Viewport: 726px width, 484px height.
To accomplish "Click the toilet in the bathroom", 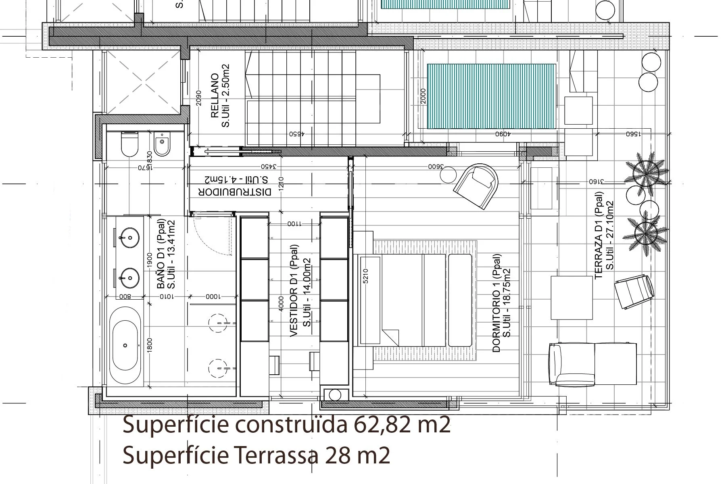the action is (x=130, y=144).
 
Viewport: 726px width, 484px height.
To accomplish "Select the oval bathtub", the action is (x=126, y=345).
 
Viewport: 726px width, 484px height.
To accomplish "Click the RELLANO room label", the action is (x=215, y=96).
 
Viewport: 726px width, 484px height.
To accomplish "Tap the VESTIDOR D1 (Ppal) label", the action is (x=294, y=290).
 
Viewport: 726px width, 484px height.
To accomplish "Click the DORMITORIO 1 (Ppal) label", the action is (x=497, y=303).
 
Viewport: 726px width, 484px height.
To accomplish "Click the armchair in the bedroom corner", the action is (x=476, y=186).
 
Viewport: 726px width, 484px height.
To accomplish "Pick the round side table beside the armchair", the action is (x=448, y=175).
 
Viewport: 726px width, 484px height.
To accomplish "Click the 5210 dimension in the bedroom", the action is (x=365, y=276).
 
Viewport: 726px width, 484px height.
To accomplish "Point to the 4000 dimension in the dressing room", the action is (x=281, y=303).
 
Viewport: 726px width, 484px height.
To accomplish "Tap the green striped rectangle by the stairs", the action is (x=491, y=96).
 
